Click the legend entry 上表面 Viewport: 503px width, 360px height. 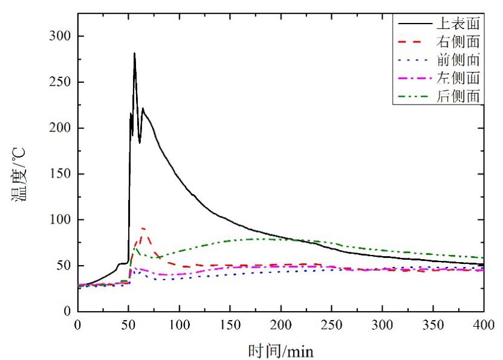coord(458,24)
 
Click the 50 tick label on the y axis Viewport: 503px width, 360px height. coord(63,266)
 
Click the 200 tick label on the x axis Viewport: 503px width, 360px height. coord(281,325)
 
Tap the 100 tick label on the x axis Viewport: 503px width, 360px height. coord(179,325)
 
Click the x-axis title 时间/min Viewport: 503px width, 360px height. coord(280,349)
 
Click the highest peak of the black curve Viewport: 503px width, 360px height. coord(134,53)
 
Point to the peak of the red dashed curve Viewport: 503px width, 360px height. coord(143,228)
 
